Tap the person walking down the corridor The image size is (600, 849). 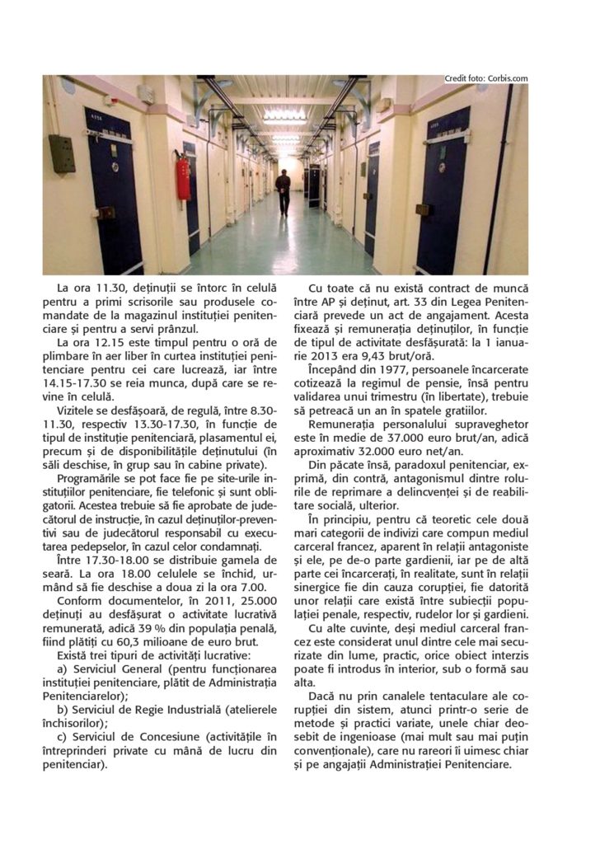coord(283,191)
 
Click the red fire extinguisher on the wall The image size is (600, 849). coord(183,179)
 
